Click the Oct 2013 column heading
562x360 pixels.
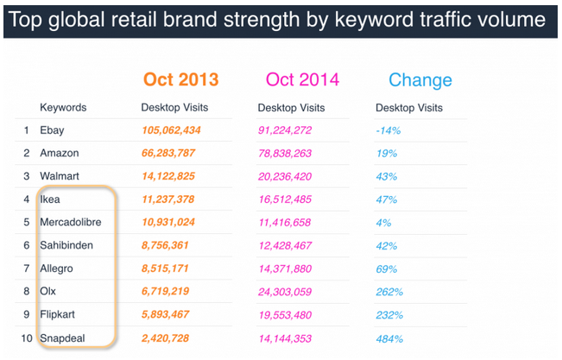point(181,79)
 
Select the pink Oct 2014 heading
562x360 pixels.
point(304,79)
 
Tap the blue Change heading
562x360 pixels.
point(420,80)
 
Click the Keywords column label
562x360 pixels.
point(63,108)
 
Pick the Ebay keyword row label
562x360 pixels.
point(52,130)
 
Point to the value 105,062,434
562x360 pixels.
point(171,130)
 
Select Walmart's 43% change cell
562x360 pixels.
point(386,176)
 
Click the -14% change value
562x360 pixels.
point(387,130)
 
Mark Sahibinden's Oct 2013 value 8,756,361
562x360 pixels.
point(171,245)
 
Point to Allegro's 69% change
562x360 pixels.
point(386,268)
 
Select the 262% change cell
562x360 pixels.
point(388,292)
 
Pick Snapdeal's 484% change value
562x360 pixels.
point(388,338)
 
